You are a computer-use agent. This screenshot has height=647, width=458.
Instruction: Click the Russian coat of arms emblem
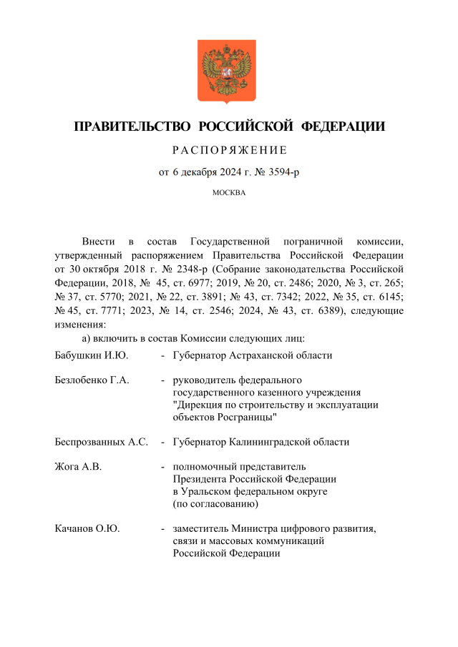pyautogui.click(x=228, y=71)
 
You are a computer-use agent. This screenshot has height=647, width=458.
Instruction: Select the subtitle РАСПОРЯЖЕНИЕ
pyautogui.click(x=229, y=150)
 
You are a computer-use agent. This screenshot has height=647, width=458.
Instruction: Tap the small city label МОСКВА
pyautogui.click(x=229, y=193)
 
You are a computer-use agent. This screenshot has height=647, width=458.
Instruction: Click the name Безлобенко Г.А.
pyautogui.click(x=92, y=380)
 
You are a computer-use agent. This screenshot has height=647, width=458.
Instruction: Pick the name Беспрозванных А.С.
pyautogui.click(x=101, y=442)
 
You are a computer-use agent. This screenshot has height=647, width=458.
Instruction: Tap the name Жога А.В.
pyautogui.click(x=78, y=467)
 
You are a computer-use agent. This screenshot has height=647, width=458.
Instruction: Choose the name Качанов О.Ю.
pyautogui.click(x=87, y=529)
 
